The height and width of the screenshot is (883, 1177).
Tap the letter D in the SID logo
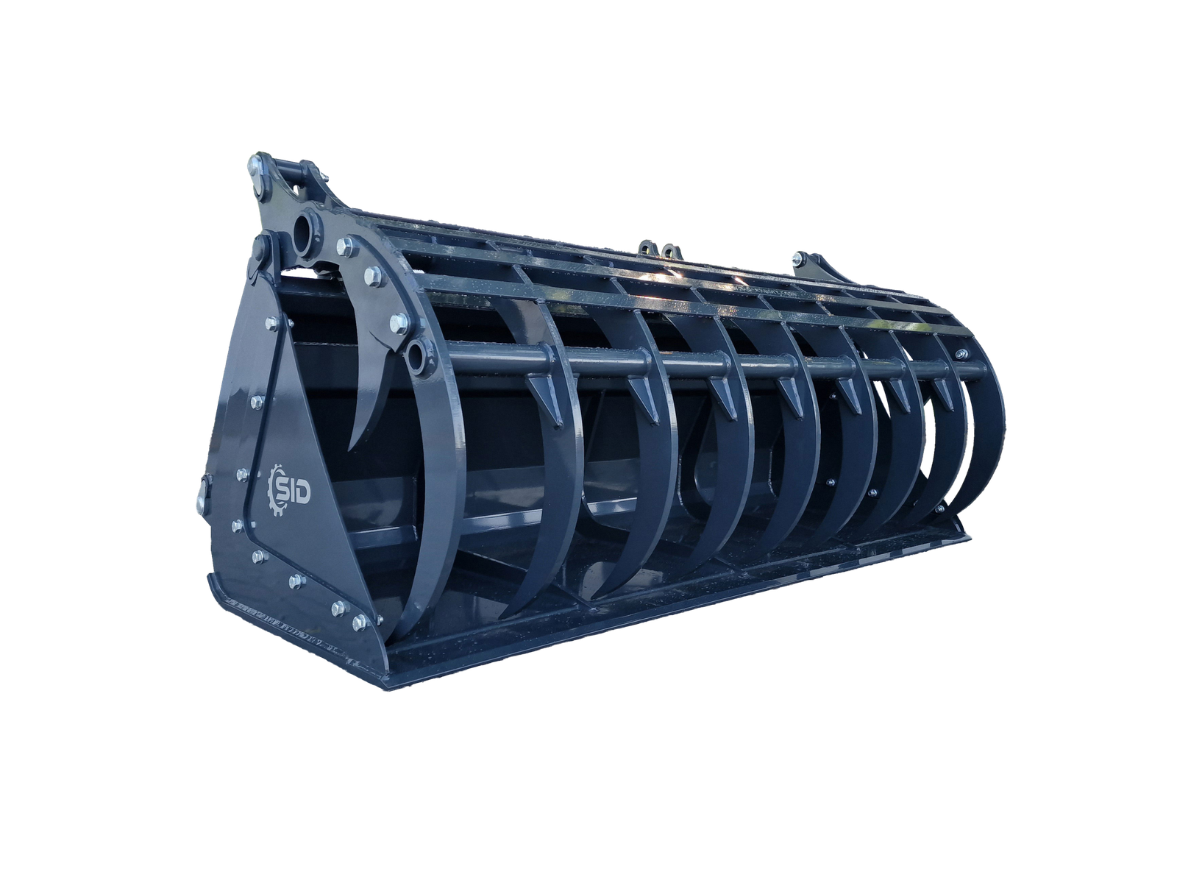tap(302, 493)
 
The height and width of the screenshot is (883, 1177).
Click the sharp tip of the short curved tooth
tap(351, 448)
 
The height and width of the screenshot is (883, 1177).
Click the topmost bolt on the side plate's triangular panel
tap(271, 322)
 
